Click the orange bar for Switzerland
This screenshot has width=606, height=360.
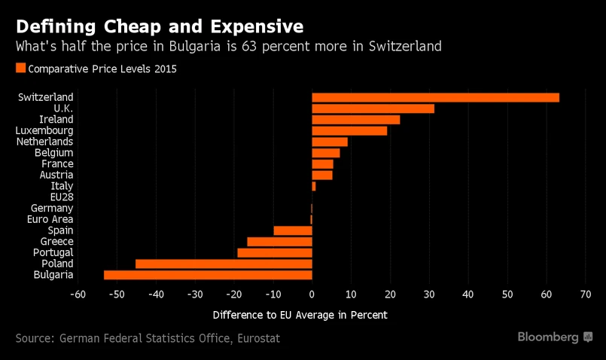[x=435, y=97]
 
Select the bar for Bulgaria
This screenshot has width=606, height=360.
[x=208, y=275]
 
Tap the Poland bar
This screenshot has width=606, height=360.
[x=224, y=264]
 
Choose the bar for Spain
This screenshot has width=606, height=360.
[x=293, y=230]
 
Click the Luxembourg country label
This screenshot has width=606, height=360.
[x=46, y=130]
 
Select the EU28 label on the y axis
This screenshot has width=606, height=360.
[x=61, y=197]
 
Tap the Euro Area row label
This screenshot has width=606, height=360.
[x=50, y=219]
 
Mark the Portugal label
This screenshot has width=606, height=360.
[x=53, y=252]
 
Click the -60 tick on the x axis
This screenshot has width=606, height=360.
[x=77, y=294]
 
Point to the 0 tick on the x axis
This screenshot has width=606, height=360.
[x=312, y=294]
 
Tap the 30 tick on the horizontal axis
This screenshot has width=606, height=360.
[x=429, y=294]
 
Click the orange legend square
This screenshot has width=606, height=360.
[x=20, y=68]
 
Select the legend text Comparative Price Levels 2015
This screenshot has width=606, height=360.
[x=102, y=69]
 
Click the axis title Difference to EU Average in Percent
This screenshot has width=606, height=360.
[x=300, y=314]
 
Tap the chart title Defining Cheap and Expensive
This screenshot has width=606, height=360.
[x=160, y=26]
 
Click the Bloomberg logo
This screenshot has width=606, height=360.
[x=555, y=337]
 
